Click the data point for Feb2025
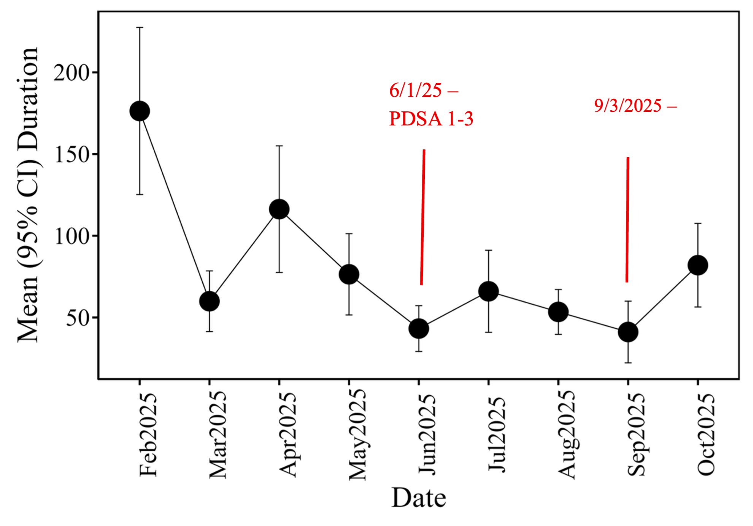140,111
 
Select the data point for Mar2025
209,301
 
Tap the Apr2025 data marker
279,209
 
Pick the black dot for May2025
349,274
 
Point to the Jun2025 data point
419,328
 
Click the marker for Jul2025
488,292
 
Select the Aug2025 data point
558,312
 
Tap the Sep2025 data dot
628,332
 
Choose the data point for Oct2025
698,265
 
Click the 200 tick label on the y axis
71,73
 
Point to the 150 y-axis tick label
71,154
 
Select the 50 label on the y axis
78,318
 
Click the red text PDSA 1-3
431,119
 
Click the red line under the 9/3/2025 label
627,220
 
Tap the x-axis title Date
419,498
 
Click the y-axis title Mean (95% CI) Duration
28,195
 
